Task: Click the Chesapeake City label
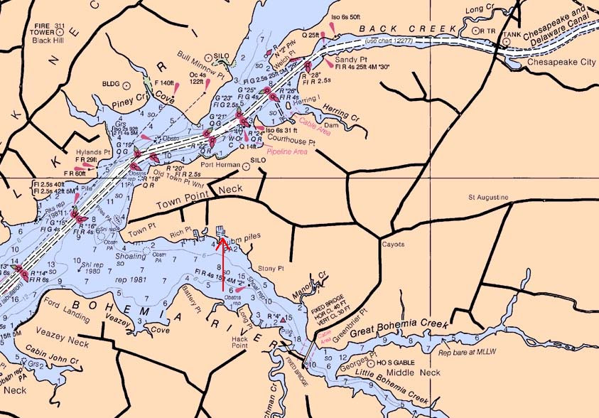pos(561,63)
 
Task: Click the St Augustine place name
pos(487,196)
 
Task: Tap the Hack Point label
pos(247,343)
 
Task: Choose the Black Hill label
pos(48,41)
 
